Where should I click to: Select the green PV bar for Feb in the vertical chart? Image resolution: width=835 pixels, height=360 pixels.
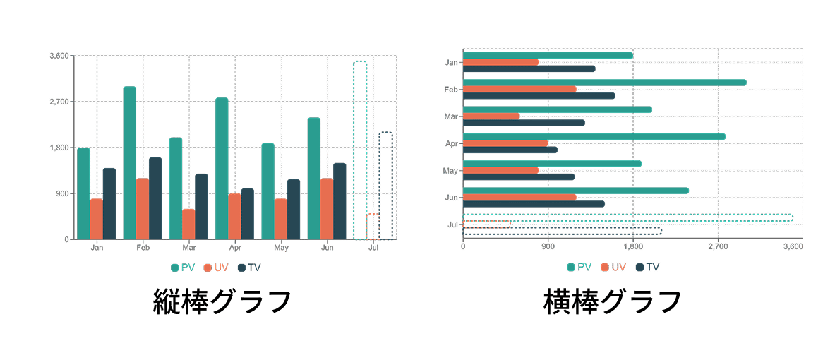(130, 162)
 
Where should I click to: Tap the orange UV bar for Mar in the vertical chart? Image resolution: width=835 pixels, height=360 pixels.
(188, 224)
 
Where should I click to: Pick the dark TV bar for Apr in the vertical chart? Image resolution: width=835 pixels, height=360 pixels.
(247, 213)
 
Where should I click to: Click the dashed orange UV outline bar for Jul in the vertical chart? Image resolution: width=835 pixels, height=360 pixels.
(373, 226)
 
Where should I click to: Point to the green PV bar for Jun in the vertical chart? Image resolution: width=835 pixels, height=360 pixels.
(314, 178)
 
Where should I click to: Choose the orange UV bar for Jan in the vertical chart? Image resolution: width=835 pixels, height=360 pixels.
(96, 219)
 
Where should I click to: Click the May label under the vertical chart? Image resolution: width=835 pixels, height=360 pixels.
(281, 248)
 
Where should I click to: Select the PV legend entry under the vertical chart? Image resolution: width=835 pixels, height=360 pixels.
(183, 268)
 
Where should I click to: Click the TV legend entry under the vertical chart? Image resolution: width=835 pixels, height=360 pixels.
(250, 268)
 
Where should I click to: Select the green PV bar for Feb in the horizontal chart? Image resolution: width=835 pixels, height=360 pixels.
(604, 83)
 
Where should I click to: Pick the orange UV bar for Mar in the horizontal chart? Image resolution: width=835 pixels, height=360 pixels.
(491, 116)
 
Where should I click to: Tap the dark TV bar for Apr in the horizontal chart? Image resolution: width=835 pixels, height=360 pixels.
(510, 150)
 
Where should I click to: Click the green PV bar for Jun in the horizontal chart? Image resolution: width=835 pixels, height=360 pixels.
(575, 191)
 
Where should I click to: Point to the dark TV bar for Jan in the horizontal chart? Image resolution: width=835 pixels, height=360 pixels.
(529, 69)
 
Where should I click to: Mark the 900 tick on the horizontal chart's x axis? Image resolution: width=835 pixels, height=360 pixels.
(548, 247)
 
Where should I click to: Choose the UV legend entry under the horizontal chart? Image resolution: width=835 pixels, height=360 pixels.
(614, 267)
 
